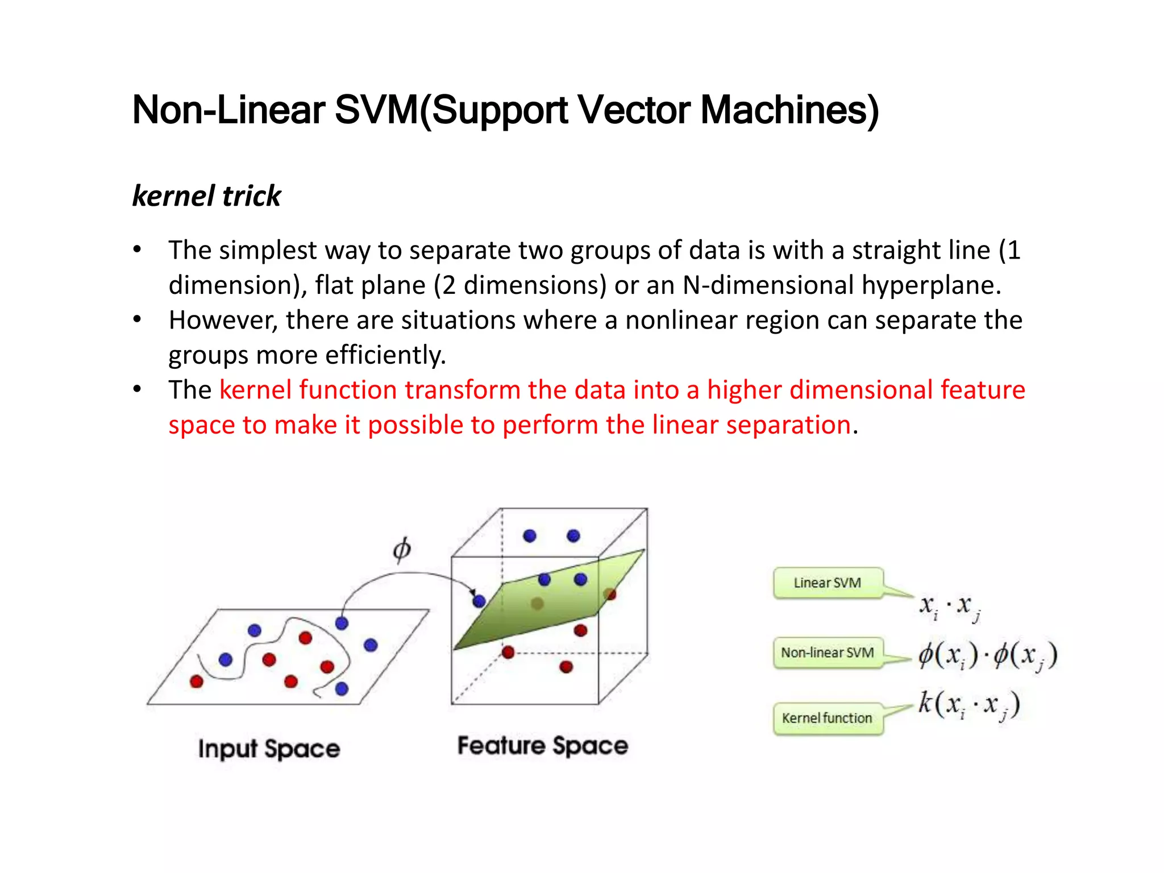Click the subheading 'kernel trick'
(x=206, y=196)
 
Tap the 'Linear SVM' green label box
(x=828, y=583)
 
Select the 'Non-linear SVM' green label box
(x=828, y=653)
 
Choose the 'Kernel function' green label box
(x=828, y=718)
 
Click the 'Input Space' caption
(x=269, y=749)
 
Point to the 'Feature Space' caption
(x=543, y=746)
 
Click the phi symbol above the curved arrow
(x=402, y=550)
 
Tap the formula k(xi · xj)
(x=970, y=705)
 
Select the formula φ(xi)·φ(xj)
(x=988, y=656)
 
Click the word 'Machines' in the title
(x=789, y=110)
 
